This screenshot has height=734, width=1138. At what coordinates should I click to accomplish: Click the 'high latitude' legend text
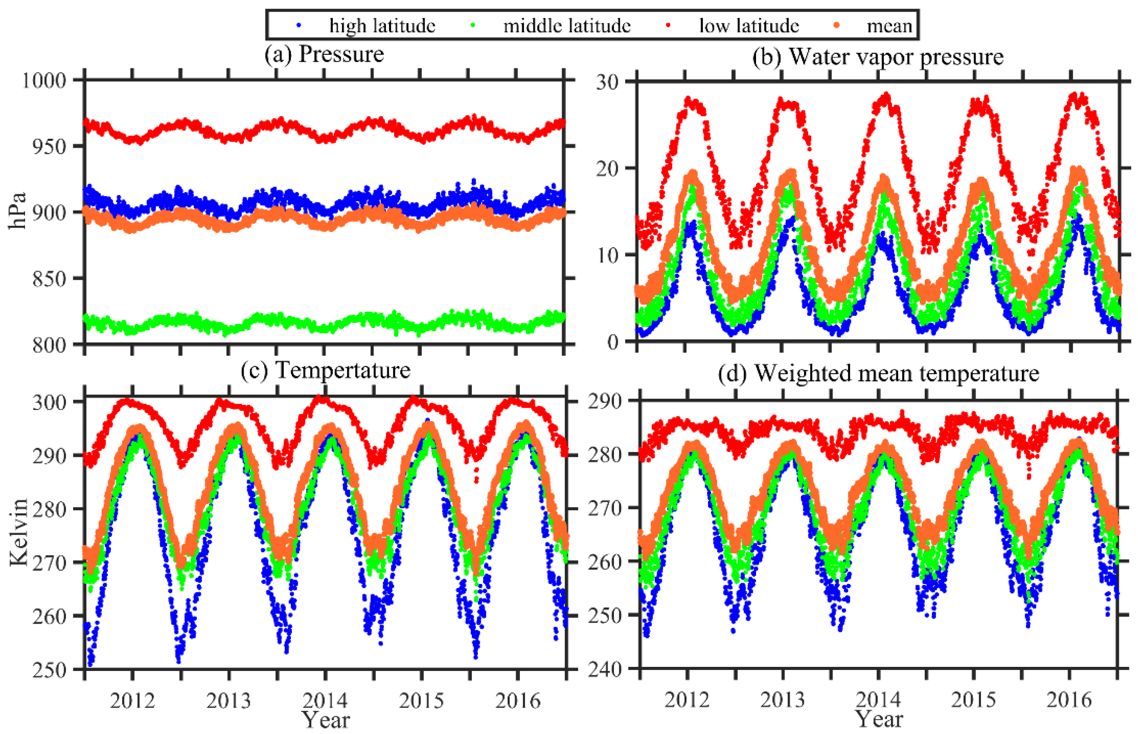pos(382,25)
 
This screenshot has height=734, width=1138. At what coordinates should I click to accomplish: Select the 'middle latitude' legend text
pos(567,25)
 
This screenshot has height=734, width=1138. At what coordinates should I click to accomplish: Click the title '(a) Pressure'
pos(324,54)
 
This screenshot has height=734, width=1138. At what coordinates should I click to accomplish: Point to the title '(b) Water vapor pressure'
pos(877,57)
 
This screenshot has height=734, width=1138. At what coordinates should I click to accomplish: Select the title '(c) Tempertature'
pos(325,370)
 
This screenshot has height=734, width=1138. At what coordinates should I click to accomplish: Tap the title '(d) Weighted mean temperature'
pos(878,373)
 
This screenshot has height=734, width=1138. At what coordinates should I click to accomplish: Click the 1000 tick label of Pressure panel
pos(44,80)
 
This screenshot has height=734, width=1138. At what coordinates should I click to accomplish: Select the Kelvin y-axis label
pos(19,533)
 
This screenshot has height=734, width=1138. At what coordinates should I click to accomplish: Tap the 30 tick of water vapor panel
pos(607,82)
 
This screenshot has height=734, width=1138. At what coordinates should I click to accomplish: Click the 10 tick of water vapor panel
pos(607,255)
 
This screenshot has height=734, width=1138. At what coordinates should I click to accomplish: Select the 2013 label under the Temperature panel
pos(229,701)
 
